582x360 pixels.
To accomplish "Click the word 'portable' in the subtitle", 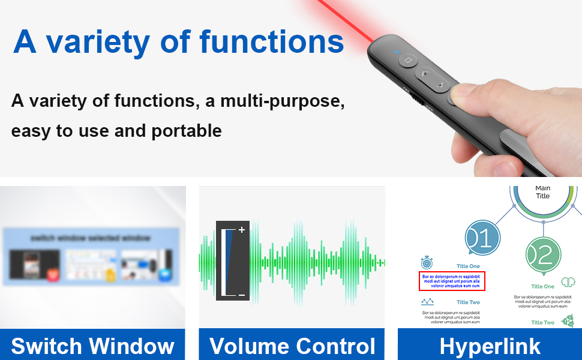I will tap(190, 130).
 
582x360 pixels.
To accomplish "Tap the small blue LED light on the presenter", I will tap(397, 52).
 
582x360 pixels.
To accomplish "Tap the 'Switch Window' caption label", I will tap(92, 346).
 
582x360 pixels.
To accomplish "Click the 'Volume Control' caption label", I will tap(292, 346).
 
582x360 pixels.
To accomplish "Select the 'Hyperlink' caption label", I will tap(490, 346).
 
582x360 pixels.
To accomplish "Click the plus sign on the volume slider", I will tap(242, 230).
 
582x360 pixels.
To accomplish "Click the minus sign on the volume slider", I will tap(242, 295).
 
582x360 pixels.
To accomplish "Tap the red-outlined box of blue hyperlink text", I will tap(452, 281).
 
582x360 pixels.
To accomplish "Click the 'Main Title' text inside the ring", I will tap(542, 192).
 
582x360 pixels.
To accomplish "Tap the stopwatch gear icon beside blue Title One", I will tap(427, 262).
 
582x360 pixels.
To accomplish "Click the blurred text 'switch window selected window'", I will tap(91, 238).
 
